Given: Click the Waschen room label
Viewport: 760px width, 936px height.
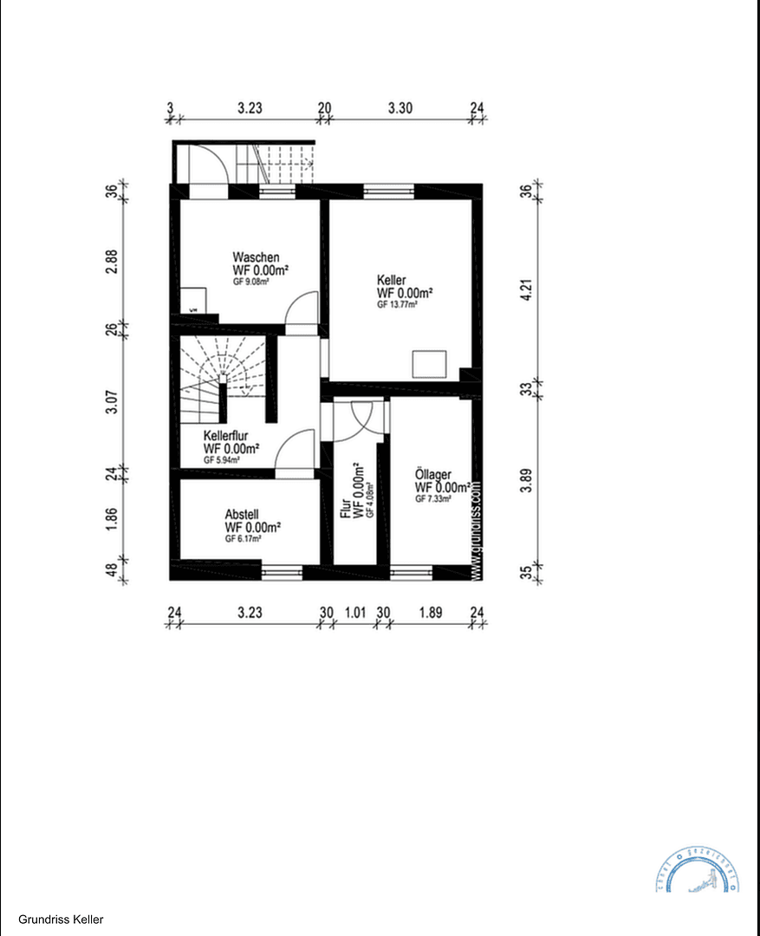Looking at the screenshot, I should (x=256, y=257).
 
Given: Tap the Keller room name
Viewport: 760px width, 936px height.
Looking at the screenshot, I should (x=392, y=281).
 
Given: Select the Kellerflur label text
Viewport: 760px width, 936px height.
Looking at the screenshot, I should (x=229, y=436).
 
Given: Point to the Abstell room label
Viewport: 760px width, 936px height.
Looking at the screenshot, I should (x=243, y=513).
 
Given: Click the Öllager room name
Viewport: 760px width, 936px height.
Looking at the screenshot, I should (x=432, y=475).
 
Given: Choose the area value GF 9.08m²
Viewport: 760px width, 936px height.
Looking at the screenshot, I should (x=251, y=282).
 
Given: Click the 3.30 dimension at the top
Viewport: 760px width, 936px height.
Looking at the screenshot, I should (x=399, y=109).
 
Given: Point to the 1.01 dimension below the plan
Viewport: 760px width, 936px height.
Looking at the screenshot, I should (x=355, y=612).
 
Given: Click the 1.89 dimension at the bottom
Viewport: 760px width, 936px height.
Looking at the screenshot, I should (x=430, y=612).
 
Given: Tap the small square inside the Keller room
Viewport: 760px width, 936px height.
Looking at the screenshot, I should (x=429, y=363).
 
